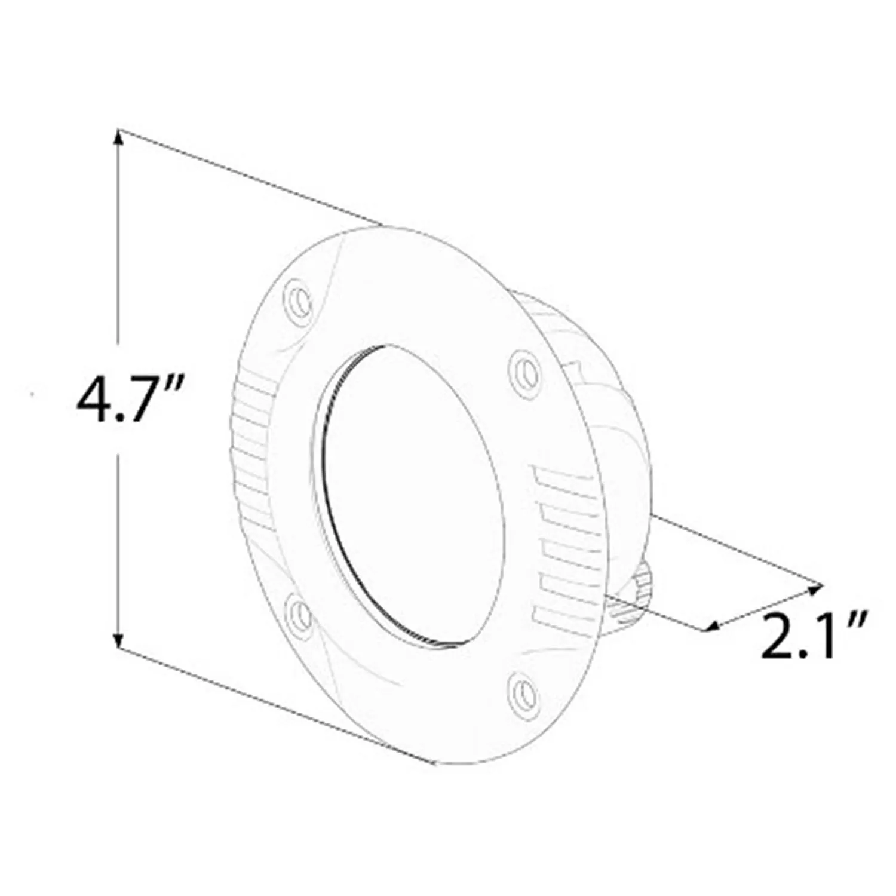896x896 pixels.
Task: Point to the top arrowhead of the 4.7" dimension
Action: coord(119,136)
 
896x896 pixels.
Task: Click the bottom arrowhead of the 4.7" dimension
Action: coord(119,642)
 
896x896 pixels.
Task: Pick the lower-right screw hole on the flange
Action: coord(523,692)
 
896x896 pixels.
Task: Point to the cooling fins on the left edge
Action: coord(251,454)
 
